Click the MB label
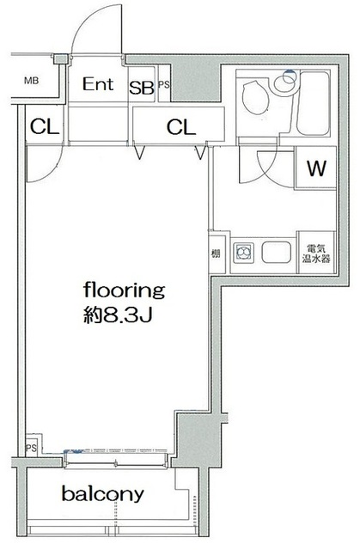click(31, 82)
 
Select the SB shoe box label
click(142, 87)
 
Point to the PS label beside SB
click(163, 85)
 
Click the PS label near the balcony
click(31, 448)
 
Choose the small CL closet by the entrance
click(44, 127)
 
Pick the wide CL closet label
click(180, 127)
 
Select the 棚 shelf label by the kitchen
click(215, 254)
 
